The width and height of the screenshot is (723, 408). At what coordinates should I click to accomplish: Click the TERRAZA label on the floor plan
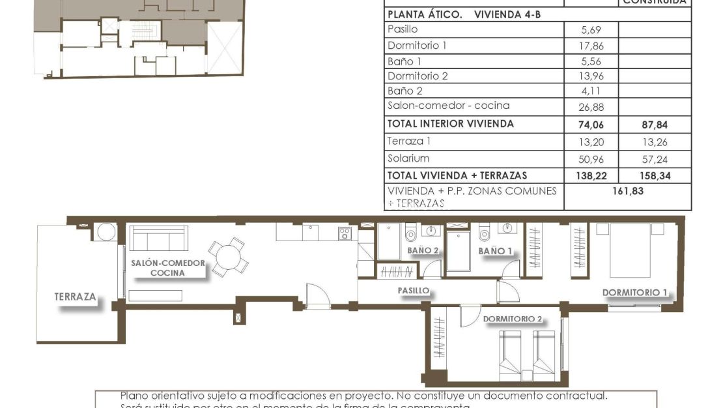tap(76, 297)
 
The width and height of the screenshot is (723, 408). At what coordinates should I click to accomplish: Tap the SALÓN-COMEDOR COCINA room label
tap(167, 268)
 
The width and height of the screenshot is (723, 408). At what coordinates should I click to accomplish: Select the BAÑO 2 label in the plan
tap(423, 250)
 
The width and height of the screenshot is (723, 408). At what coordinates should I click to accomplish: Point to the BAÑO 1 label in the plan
tap(495, 250)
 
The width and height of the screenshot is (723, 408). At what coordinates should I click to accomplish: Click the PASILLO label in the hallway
tap(414, 291)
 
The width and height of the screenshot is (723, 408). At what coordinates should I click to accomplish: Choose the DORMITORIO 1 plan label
tap(635, 293)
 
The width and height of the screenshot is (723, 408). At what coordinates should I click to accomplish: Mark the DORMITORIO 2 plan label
tap(513, 319)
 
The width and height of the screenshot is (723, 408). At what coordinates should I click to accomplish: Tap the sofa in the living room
tap(158, 238)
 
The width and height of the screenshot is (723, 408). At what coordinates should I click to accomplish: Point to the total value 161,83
tap(627, 191)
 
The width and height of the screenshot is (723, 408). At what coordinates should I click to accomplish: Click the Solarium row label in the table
tap(408, 158)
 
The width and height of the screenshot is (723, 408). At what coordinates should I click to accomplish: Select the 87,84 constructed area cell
tap(655, 124)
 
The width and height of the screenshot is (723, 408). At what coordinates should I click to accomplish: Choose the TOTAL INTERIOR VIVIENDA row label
tap(451, 124)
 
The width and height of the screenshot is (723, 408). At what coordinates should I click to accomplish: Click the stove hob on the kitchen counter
tap(345, 233)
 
